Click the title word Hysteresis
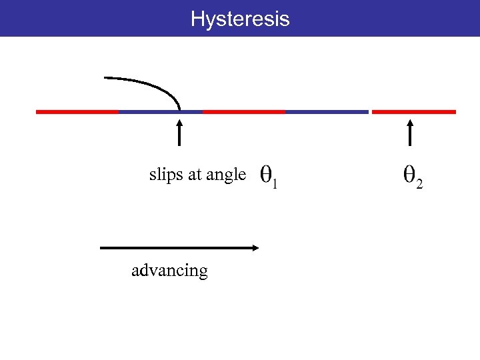tap(240, 19)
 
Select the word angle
tap(226, 176)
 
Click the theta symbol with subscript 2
tap(409, 176)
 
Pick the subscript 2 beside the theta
tap(419, 185)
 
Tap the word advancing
tap(169, 271)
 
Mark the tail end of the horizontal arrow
tap(101, 247)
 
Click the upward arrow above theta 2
tap(410, 131)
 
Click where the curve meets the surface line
tap(179, 110)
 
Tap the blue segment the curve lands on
tap(160, 112)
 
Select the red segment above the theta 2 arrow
tap(413, 112)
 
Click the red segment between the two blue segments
tap(244, 112)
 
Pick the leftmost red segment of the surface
tap(77, 112)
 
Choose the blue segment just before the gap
tap(327, 112)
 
